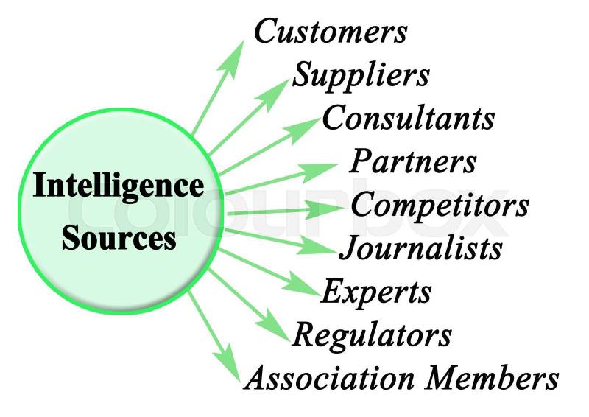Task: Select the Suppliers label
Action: click(x=361, y=75)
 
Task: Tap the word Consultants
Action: click(x=408, y=118)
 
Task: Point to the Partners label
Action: click(x=413, y=161)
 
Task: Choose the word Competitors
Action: click(x=440, y=205)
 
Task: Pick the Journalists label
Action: click(x=420, y=248)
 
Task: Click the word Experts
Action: click(x=376, y=292)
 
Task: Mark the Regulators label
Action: click(x=372, y=335)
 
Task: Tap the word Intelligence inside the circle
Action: click(x=119, y=186)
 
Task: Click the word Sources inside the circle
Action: click(x=119, y=238)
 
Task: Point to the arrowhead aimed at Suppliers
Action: click(x=278, y=88)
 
